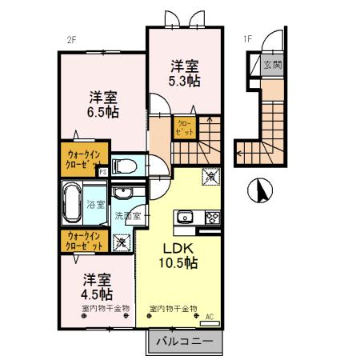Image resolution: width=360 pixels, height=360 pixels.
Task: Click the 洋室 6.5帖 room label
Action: pyautogui.click(x=102, y=106)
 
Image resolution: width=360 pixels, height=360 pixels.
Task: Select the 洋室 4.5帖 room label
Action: pyautogui.click(x=96, y=287)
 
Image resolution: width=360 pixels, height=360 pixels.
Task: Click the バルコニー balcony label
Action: pyautogui.click(x=183, y=342)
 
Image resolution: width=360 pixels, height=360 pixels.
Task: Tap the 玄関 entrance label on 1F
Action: pyautogui.click(x=272, y=65)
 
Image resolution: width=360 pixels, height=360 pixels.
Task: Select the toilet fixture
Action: pyautogui.click(x=125, y=167)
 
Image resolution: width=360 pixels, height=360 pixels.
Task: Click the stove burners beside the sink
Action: pyautogui.click(x=212, y=216)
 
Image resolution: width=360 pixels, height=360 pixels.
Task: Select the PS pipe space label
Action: pyautogui.click(x=103, y=170)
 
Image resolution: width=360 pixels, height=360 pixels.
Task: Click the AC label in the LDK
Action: pyautogui.click(x=209, y=316)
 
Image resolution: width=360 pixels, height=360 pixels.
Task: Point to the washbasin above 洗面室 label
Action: pyautogui.click(x=123, y=194)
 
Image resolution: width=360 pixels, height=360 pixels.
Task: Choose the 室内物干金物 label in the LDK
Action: pyautogui.click(x=173, y=308)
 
